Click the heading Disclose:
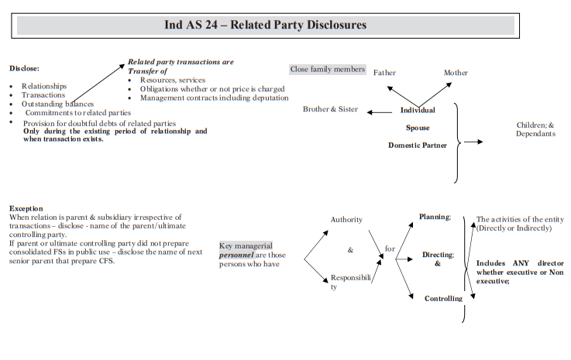24,68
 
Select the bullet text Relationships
44,86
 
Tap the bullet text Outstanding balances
58,104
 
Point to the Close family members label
327,70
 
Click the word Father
384,74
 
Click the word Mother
456,74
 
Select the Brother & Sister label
330,109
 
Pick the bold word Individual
418,111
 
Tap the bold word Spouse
418,127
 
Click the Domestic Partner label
418,145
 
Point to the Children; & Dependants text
535,129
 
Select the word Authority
346,220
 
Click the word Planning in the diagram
435,217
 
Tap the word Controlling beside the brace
443,298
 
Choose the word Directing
438,255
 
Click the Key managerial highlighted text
246,245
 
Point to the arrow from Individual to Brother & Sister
379,112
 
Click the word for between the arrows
390,249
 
